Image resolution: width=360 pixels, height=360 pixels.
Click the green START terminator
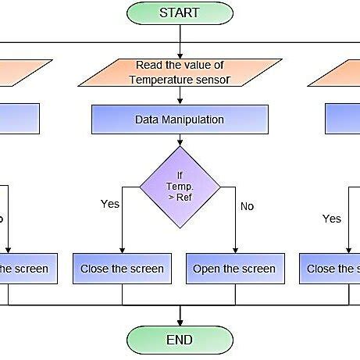[180, 12]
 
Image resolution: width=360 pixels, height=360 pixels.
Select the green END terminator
[180, 340]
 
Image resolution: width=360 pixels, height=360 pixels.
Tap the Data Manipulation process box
[180, 119]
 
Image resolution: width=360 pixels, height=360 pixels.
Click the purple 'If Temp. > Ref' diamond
[180, 187]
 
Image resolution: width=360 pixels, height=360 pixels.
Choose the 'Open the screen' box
[234, 269]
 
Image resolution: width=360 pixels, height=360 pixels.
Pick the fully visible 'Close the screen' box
[123, 269]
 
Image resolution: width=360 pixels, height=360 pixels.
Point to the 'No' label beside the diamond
[247, 207]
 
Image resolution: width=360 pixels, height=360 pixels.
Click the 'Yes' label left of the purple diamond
[110, 204]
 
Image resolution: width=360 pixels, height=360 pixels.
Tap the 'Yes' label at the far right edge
[332, 219]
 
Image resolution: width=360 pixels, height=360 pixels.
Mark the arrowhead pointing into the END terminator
[180, 321]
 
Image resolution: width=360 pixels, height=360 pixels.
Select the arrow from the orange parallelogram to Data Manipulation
[180, 95]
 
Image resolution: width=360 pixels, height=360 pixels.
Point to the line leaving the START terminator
[180, 35]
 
